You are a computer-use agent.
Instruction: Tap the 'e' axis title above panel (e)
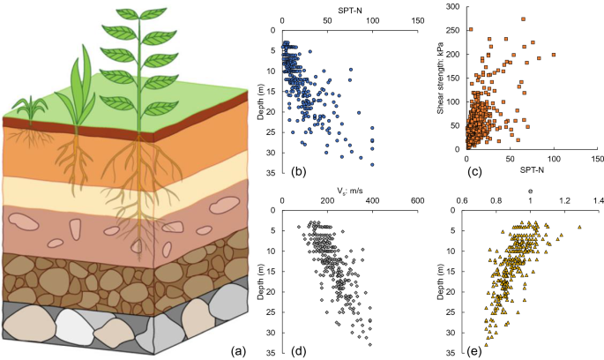click(530, 190)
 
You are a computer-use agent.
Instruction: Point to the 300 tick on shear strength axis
click(452, 7)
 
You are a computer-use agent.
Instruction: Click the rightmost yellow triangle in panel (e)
click(579, 227)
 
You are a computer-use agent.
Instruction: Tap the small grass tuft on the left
click(32, 109)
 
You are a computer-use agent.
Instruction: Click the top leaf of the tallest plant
click(129, 16)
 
